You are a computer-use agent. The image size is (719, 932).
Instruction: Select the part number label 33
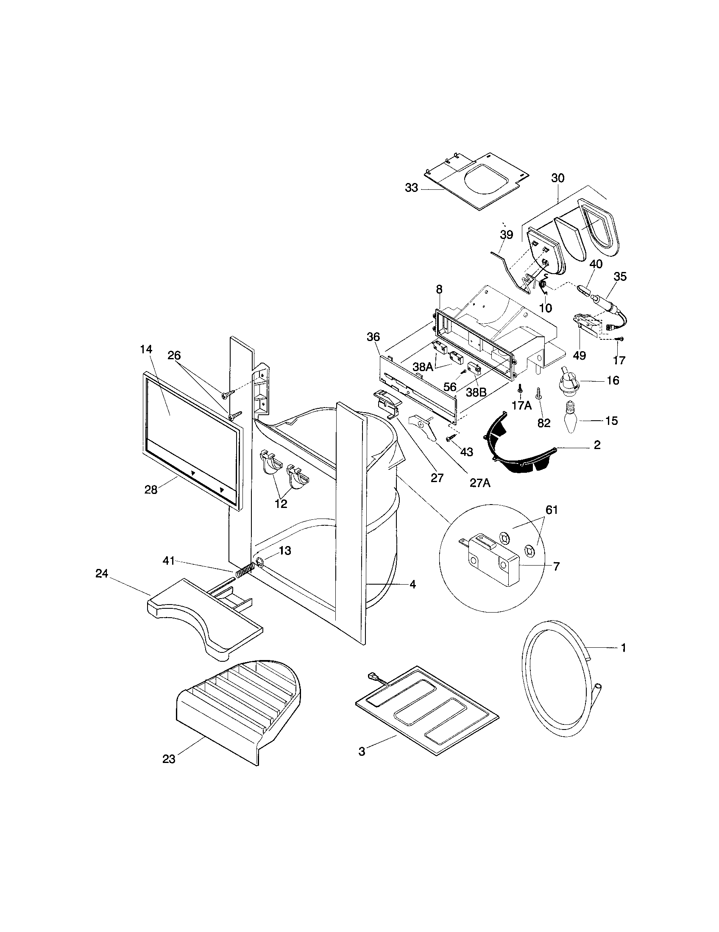click(x=411, y=188)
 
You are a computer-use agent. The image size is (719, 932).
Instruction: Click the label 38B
click(x=476, y=392)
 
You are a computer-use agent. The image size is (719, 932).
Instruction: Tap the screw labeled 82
click(x=539, y=391)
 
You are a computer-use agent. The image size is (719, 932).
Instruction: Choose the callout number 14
click(x=145, y=349)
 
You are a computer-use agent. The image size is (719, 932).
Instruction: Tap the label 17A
click(x=521, y=405)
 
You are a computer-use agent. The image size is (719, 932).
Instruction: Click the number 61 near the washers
click(x=552, y=510)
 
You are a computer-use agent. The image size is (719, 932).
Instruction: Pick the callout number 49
click(x=579, y=355)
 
